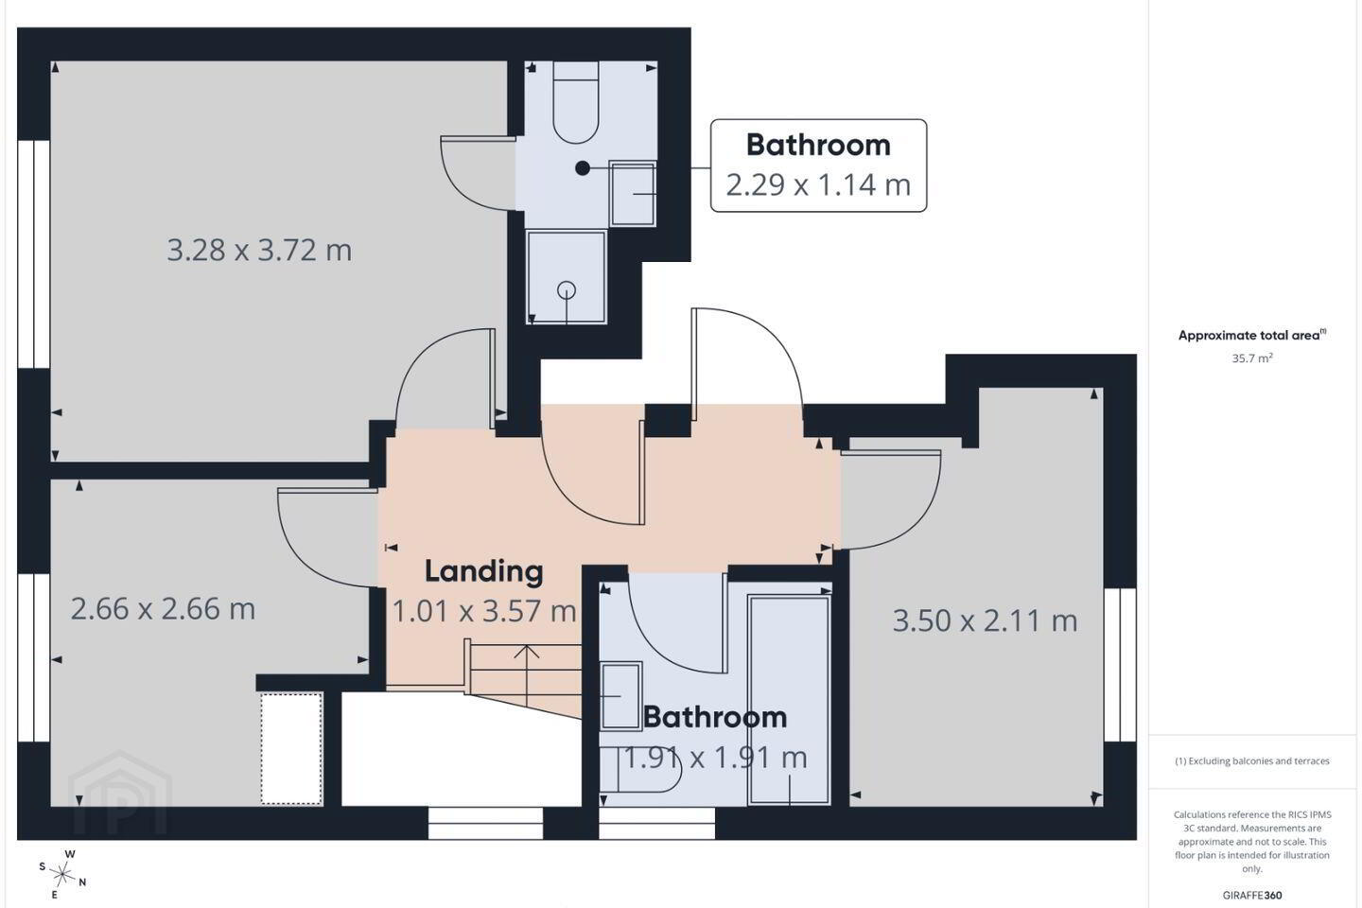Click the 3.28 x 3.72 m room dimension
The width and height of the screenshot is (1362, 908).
259,250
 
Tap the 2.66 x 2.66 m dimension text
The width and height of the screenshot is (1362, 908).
163,609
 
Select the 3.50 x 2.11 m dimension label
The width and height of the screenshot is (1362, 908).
985,620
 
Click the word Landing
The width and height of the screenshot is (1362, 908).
484,571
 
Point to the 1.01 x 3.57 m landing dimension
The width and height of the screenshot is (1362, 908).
484,611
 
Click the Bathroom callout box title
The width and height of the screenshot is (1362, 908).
818,145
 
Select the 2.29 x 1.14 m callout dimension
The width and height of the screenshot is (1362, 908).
818,184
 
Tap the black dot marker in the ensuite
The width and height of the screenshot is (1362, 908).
583,167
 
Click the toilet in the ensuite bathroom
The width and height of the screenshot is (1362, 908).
576,102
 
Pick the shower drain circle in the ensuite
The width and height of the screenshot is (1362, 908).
567,290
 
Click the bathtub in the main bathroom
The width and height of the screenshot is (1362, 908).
789,700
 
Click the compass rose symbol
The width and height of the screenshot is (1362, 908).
62,875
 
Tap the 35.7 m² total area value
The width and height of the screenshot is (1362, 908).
1252,358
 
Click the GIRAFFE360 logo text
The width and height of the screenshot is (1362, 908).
1252,895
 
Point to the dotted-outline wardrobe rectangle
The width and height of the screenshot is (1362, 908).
291,749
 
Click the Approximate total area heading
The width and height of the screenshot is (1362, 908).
1252,335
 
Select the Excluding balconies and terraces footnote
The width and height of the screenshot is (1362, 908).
1252,760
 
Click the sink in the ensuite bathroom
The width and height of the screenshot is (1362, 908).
633,193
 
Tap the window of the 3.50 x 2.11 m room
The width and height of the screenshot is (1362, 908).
1120,665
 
